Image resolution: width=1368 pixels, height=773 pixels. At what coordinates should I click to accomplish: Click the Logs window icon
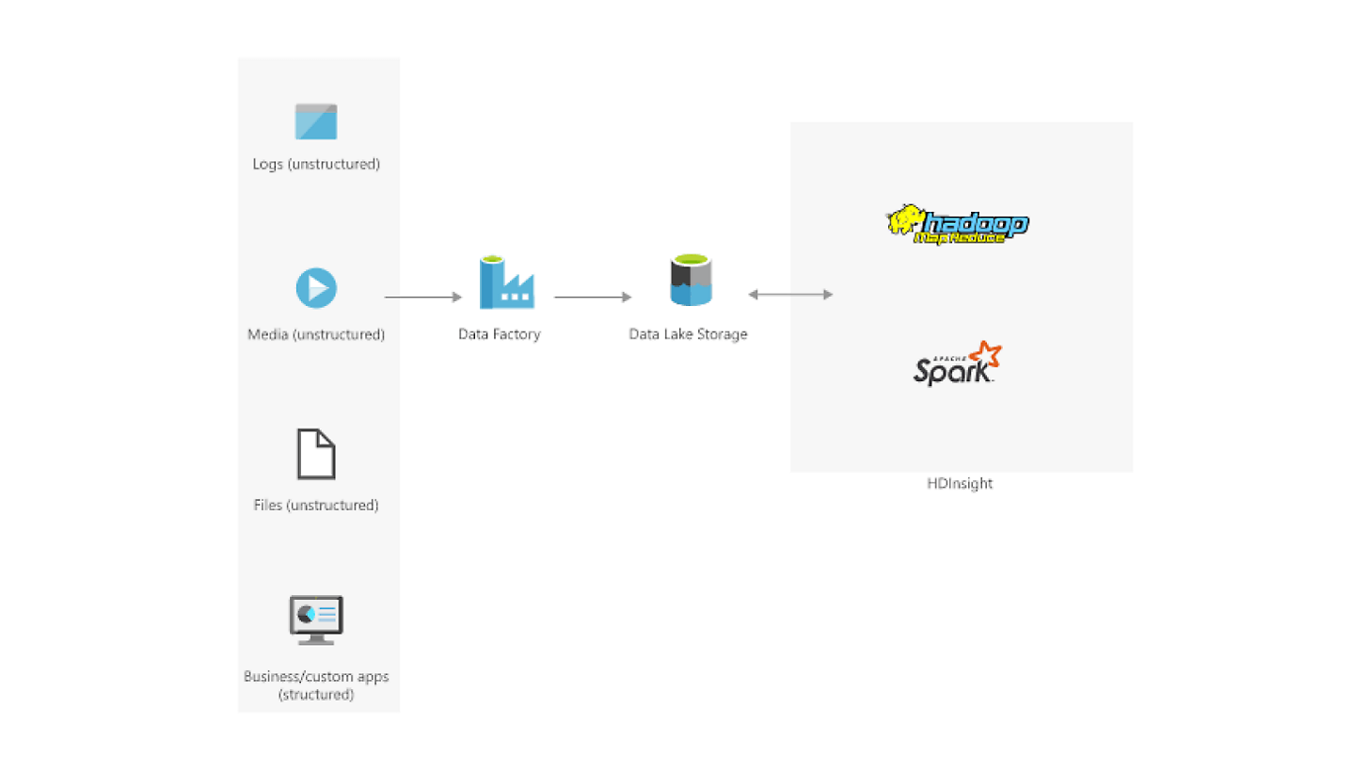coord(316,121)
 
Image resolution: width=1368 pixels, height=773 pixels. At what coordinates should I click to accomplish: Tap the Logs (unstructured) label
coord(316,164)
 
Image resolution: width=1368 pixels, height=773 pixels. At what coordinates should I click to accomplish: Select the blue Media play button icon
coord(316,287)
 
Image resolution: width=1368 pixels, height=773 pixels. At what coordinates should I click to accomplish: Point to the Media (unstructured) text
coord(316,334)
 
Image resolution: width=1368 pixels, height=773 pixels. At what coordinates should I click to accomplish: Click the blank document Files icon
coord(316,454)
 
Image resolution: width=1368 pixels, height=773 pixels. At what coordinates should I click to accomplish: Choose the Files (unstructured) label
coord(316,506)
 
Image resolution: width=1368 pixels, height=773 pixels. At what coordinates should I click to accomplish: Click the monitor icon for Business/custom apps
coord(316,619)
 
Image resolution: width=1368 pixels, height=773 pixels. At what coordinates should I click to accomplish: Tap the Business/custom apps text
coord(316,677)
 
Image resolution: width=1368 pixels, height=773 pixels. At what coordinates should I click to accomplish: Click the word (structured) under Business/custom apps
coord(316,695)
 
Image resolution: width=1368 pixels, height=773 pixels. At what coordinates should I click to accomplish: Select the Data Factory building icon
coord(506,282)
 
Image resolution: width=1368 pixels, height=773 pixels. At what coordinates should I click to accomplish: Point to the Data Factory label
coord(500,334)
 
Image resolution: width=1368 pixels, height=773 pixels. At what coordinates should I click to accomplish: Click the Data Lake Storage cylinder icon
coord(691,280)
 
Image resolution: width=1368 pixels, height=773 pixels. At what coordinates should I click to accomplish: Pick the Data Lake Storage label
coord(688,334)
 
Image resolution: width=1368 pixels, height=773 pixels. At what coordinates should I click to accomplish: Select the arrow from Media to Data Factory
coord(423,298)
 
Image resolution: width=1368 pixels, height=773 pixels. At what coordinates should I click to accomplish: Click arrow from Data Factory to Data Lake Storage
coord(593,298)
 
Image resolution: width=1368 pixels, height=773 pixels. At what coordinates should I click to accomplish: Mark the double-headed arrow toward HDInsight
coord(790,295)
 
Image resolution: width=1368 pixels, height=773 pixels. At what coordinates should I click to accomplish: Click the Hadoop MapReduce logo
coord(958,225)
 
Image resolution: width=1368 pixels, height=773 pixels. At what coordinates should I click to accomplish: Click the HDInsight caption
coord(960,484)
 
